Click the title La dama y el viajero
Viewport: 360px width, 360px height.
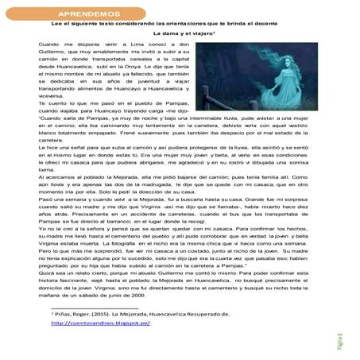pos(179,37)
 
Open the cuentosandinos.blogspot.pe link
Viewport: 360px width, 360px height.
pos(101,323)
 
